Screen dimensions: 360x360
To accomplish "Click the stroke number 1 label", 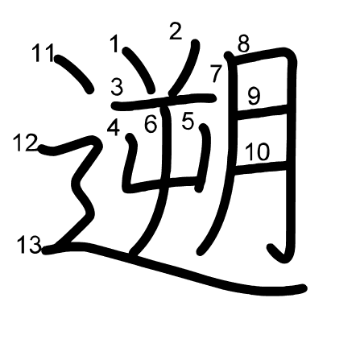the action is (115, 43).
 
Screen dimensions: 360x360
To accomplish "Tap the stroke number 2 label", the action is (176, 31).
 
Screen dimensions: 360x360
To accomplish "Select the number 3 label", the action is (117, 87).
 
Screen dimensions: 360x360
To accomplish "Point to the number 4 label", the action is (114, 127).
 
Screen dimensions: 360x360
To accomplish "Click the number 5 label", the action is (188, 121).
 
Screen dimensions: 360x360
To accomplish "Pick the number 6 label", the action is (151, 124).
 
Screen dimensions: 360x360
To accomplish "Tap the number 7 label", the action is (216, 73).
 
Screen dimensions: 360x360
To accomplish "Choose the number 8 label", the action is (243, 43).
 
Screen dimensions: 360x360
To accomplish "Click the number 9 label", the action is (254, 97).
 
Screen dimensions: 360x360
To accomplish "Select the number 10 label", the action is (257, 151).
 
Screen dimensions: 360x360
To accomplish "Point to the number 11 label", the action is (43, 53).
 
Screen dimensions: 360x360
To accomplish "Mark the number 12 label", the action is (26, 143).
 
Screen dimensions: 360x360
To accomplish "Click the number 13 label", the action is (30, 245).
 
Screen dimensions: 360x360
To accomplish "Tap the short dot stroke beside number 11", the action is (74, 73).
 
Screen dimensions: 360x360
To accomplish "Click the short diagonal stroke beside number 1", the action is (139, 69).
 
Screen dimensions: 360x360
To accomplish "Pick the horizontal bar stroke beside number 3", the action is (164, 101).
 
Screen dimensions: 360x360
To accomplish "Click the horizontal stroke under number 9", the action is (263, 110).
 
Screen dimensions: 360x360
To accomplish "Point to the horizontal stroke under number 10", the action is (260, 166).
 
